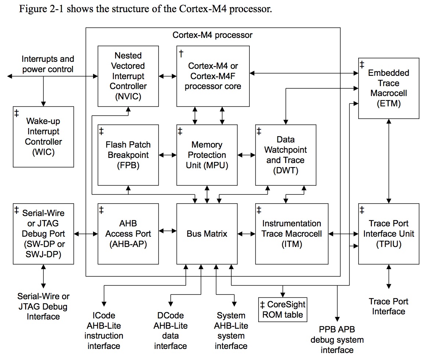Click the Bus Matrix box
[207, 233]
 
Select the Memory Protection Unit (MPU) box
[207, 155]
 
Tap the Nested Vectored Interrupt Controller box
[128, 76]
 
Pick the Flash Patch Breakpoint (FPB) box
[128, 155]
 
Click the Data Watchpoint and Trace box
[285, 155]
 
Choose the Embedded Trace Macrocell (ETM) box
[388, 88]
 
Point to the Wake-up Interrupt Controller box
[43, 137]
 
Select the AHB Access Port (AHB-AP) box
[128, 233]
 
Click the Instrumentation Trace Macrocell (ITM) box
[291, 233]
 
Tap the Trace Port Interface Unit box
[388, 233]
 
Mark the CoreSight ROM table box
[282, 310]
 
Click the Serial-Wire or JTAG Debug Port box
[43, 233]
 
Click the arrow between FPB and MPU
[168, 155]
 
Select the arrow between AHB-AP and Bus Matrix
[168, 231]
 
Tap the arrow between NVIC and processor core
[168, 76]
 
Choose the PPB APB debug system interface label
[337, 339]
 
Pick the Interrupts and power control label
[48, 64]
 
